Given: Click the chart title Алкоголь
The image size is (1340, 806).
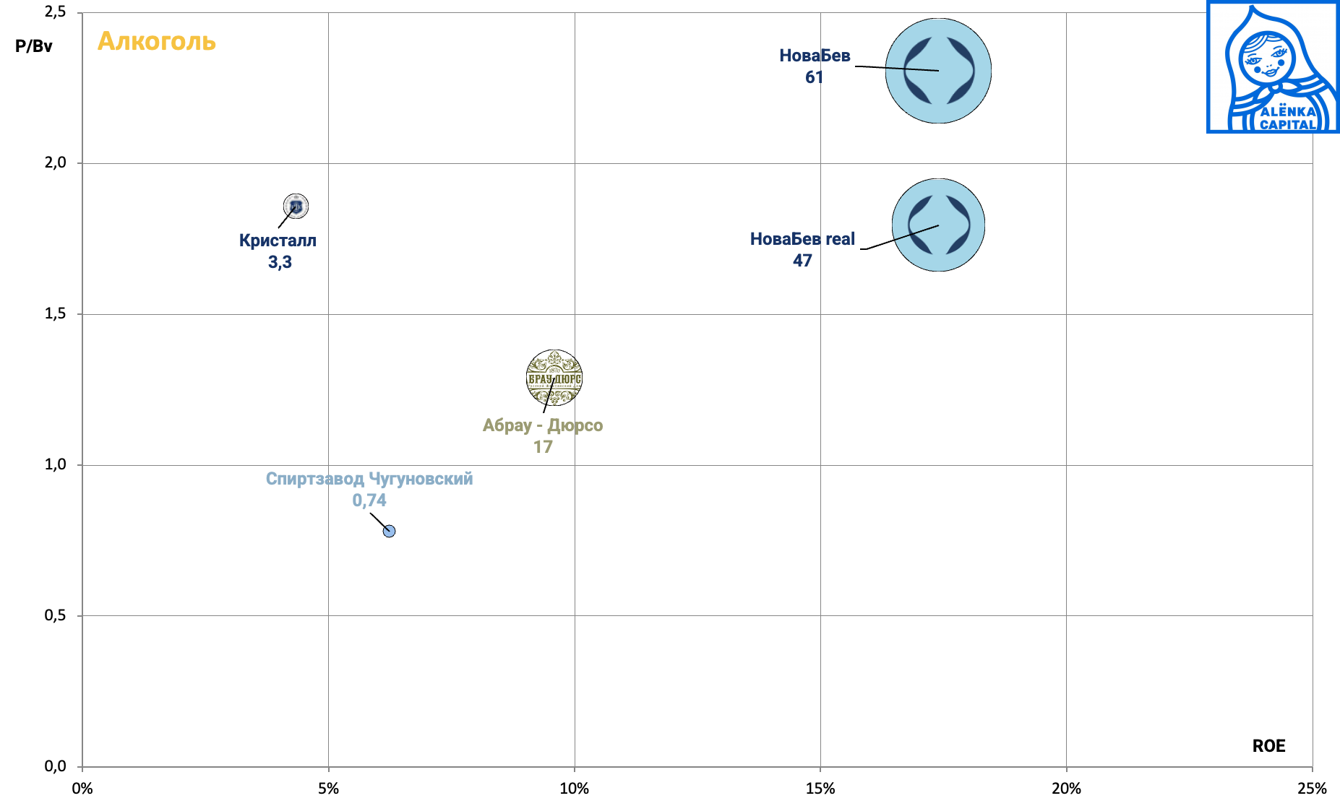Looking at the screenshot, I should coord(157,42).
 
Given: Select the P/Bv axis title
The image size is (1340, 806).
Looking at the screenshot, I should coord(34,46).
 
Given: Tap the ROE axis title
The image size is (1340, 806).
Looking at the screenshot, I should coord(1268,746).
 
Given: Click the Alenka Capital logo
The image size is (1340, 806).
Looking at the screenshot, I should coord(1272,67).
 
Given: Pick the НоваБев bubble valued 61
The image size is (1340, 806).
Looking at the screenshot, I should coord(938,71).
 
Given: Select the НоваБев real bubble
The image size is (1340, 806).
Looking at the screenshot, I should coord(938,225).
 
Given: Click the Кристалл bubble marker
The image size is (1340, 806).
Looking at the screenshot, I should coord(296,207).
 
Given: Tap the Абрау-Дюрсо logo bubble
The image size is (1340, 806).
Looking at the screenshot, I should coord(554,378).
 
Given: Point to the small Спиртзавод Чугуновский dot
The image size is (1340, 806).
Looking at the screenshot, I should coord(389,532).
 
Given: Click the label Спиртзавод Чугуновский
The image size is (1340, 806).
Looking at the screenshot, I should coord(369,479).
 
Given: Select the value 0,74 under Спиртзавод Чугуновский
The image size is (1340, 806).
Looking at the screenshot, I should coord(369,500).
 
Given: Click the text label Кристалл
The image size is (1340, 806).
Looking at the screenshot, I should coord(278,240).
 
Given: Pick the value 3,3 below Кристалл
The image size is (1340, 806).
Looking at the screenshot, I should coord(280,262).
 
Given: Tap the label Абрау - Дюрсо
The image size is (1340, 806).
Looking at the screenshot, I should coord(543,425).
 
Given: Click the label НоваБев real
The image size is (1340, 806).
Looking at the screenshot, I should coord(802,239).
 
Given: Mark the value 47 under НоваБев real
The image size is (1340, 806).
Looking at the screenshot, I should coord(802,261).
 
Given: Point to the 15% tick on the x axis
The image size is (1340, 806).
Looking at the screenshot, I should coord(820,789).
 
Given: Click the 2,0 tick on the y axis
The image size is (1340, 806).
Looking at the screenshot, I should coord(56,162).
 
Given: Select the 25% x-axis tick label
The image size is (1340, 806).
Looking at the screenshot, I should coord(1312,789).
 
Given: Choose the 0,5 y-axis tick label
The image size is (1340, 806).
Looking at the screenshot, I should coord(56,615).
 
